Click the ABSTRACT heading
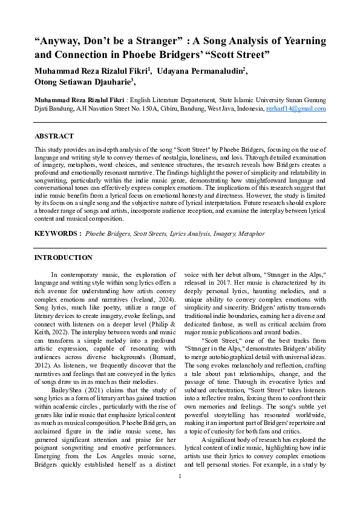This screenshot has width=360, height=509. click(54, 137)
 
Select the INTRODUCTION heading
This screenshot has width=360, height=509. click(64, 258)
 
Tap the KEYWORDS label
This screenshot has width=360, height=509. click(57, 233)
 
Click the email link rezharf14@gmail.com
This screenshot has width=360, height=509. click(296, 109)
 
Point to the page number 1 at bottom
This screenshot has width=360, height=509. click(180, 494)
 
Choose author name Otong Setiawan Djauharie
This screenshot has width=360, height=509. click(83, 83)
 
